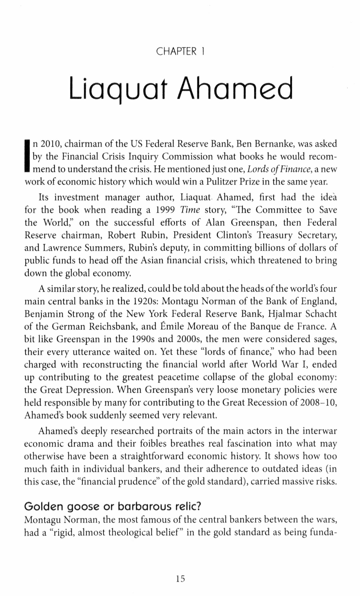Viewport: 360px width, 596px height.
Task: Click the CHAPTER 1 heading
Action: pos(180,52)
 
